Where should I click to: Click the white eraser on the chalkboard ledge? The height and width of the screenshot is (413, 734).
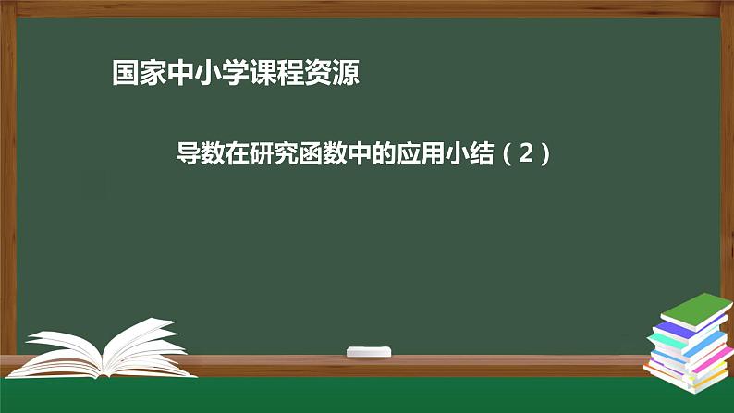pos(369,351)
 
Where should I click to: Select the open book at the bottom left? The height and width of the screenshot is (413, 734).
pos(102,348)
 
